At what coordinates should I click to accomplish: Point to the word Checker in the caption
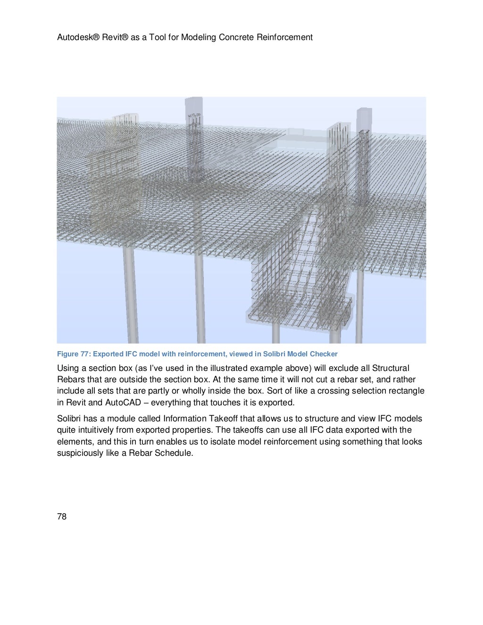point(324,354)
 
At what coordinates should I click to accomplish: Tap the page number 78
point(62,517)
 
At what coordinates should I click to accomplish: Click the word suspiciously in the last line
point(78,453)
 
